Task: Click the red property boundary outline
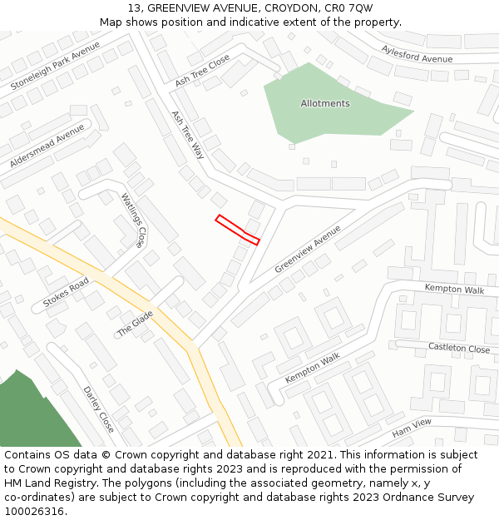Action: click(238, 230)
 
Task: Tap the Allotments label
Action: click(325, 103)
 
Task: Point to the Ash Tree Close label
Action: click(202, 71)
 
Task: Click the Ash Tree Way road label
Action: click(187, 134)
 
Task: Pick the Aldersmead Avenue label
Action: click(47, 146)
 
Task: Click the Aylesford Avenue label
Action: click(417, 53)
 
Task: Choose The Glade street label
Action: click(135, 324)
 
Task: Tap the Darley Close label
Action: click(98, 409)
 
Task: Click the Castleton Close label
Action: click(459, 348)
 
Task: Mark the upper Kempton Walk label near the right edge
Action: click(454, 289)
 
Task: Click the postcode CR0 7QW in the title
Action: click(350, 8)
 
